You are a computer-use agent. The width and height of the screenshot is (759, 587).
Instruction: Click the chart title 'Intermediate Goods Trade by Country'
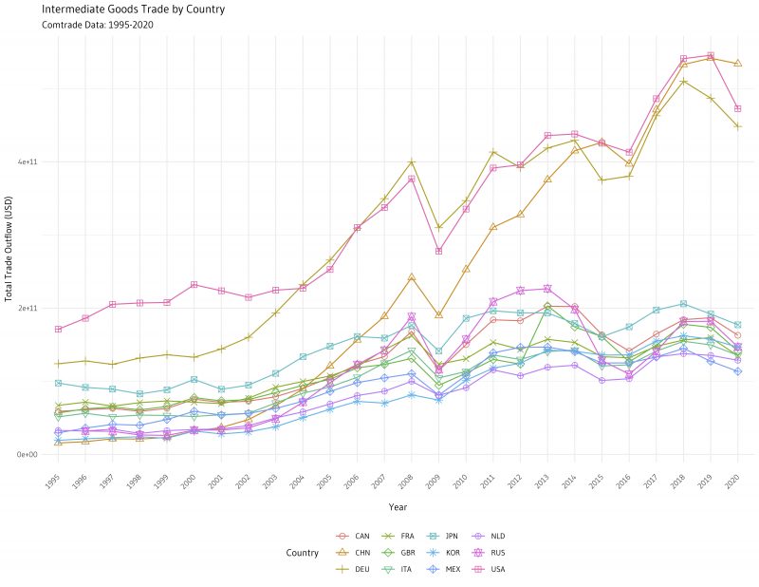pyautogui.click(x=133, y=9)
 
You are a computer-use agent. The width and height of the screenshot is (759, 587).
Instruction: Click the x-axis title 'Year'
pyautogui.click(x=398, y=506)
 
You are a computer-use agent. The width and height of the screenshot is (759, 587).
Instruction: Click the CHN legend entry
pyautogui.click(x=355, y=552)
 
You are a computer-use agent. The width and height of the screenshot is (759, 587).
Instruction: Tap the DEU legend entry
pyautogui.click(x=355, y=568)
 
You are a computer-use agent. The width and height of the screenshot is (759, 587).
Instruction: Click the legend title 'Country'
pyautogui.click(x=302, y=552)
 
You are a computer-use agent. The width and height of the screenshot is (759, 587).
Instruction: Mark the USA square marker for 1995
pyautogui.click(x=59, y=330)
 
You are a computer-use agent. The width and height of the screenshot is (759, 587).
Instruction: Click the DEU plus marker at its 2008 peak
pyautogui.click(x=412, y=162)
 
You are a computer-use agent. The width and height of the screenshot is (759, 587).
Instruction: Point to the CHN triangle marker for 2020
pyautogui.click(x=737, y=64)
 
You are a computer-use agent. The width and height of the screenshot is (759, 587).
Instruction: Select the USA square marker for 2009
pyautogui.click(x=438, y=251)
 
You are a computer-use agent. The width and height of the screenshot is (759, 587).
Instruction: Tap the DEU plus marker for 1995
pyautogui.click(x=59, y=364)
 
